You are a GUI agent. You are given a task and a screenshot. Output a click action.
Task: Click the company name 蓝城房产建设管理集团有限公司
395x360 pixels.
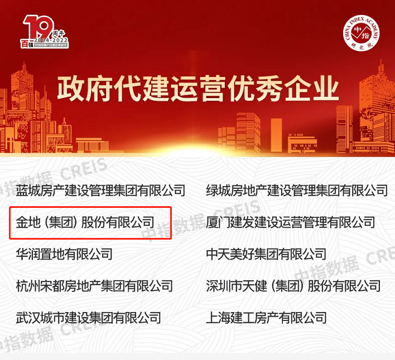(x=100, y=191)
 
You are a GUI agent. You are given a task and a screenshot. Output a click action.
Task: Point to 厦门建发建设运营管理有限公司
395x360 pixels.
(x=290, y=222)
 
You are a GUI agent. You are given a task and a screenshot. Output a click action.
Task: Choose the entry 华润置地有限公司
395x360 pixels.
(x=64, y=254)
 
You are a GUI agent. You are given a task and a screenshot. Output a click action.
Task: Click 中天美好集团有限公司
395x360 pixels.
(x=266, y=254)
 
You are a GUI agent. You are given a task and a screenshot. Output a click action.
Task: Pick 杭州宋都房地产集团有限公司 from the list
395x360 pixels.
(x=94, y=286)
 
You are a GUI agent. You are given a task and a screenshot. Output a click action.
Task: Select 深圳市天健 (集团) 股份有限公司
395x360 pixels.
(x=293, y=286)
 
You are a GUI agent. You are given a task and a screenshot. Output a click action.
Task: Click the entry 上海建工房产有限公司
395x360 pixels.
(x=266, y=318)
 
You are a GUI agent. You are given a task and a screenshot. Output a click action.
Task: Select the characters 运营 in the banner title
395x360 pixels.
(x=197, y=89)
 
